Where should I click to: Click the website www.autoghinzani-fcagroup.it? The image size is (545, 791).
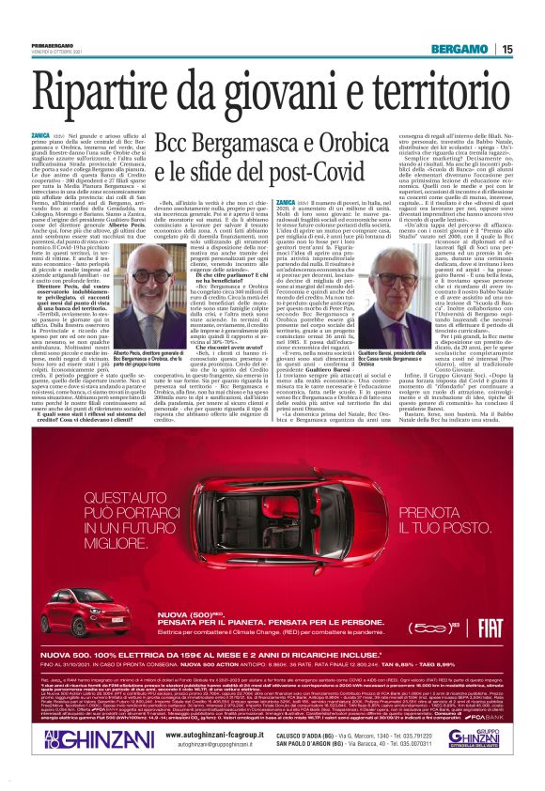[212, 734]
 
